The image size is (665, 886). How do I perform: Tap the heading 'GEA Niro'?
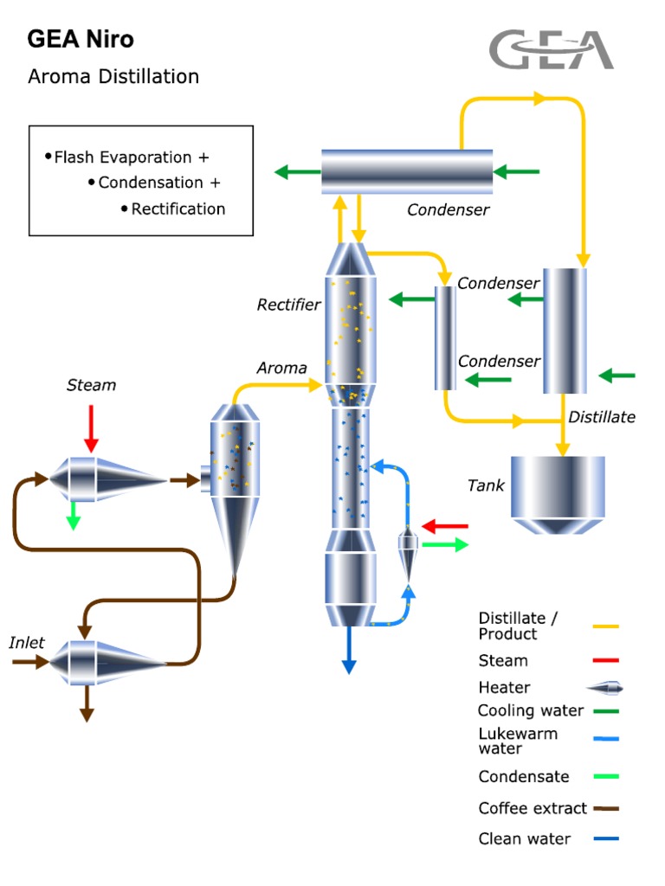coord(81,39)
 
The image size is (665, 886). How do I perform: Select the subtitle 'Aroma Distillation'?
coord(113,76)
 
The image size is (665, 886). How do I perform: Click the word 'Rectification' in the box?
coord(178,209)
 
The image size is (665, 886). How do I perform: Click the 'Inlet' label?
coord(27,643)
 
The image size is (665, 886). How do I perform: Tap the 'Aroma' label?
coord(281,368)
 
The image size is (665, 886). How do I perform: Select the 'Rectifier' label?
coord(288,305)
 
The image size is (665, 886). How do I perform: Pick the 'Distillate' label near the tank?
coord(601,417)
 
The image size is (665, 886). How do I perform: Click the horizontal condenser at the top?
coord(407,171)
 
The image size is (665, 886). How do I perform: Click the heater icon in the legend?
coord(604,688)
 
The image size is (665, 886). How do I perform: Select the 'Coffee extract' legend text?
coord(533,808)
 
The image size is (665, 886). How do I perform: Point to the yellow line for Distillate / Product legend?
coord(605,626)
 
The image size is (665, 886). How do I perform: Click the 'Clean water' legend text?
coord(525,838)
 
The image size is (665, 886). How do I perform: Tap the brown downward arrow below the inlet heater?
coord(87,704)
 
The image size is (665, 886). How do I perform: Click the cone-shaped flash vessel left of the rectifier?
coord(235,485)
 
